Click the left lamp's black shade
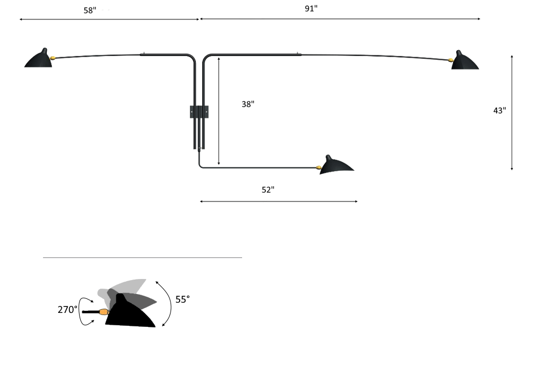click(x=39, y=60)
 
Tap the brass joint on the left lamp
click(x=53, y=57)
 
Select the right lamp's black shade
click(x=465, y=62)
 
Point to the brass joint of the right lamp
click(x=451, y=59)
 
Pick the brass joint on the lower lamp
click(x=319, y=167)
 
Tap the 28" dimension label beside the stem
click(x=249, y=103)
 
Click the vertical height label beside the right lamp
click(x=500, y=110)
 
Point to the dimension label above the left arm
click(x=97, y=10)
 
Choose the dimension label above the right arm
click(x=311, y=9)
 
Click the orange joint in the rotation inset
click(x=103, y=311)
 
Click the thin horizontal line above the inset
click(x=143, y=258)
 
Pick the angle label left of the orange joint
click(x=67, y=310)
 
